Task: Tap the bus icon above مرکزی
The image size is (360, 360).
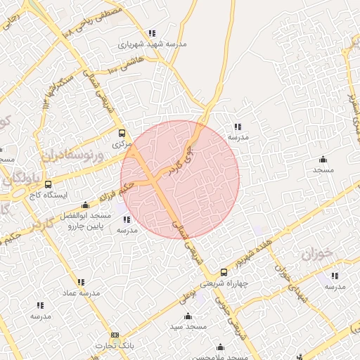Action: [x=122, y=133]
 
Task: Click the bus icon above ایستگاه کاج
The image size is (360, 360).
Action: [x=48, y=185]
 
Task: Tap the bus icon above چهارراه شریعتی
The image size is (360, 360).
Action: [x=224, y=272]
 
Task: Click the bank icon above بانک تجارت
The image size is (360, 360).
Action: [x=115, y=335]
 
